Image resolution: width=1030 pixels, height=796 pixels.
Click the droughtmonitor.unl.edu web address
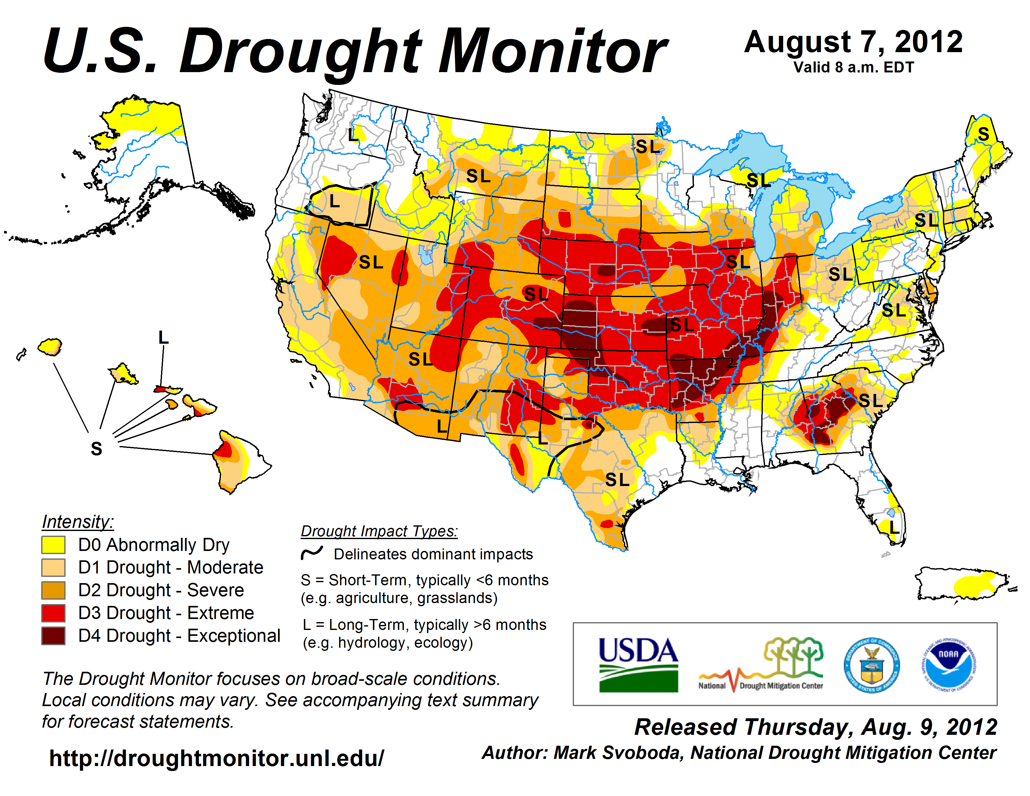[217, 758]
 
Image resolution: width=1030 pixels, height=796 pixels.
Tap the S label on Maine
[983, 135]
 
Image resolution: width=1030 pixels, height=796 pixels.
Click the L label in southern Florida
[894, 528]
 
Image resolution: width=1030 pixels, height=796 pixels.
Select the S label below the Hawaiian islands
[96, 449]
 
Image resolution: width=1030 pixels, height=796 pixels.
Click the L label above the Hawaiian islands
[163, 338]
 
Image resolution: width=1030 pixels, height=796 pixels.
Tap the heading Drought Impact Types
[379, 531]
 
